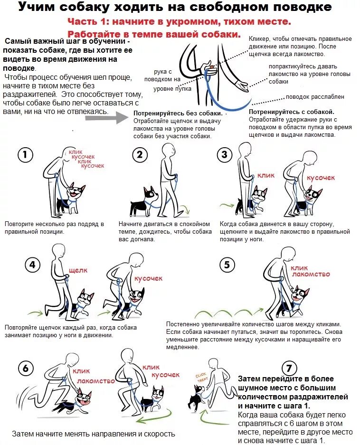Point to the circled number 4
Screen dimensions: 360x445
coord(32,265)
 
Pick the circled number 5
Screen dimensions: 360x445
coord(227,265)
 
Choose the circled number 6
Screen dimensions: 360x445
coord(26,368)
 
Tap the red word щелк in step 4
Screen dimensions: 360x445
coord(78,271)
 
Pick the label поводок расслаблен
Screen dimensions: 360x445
coord(315,96)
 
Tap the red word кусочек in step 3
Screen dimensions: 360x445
coord(321,178)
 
